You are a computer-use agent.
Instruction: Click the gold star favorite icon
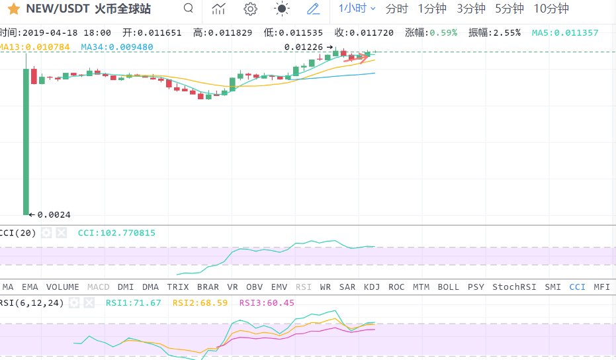click(13, 9)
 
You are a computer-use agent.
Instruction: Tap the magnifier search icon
click(189, 9)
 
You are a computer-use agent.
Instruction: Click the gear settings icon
click(250, 9)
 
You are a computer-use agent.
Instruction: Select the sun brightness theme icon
click(282, 9)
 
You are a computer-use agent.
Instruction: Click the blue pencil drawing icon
click(313, 9)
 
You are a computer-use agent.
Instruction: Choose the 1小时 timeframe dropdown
click(357, 9)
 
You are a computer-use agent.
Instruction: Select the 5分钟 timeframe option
click(509, 9)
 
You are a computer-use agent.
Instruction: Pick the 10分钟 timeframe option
click(550, 9)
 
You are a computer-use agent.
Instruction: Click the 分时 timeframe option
click(396, 9)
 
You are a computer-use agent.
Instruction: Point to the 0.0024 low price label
click(54, 214)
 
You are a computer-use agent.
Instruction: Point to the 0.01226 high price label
click(304, 47)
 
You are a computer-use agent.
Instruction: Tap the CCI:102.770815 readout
click(116, 233)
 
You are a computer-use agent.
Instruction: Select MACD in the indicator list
click(99, 287)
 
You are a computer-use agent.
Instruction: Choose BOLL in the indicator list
click(448, 287)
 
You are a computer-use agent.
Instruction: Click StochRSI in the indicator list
click(514, 287)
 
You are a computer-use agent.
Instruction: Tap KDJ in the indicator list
click(372, 287)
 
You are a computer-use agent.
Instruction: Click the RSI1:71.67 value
click(133, 302)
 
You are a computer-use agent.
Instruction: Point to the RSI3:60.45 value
click(267, 302)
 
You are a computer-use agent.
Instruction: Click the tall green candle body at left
click(26, 139)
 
